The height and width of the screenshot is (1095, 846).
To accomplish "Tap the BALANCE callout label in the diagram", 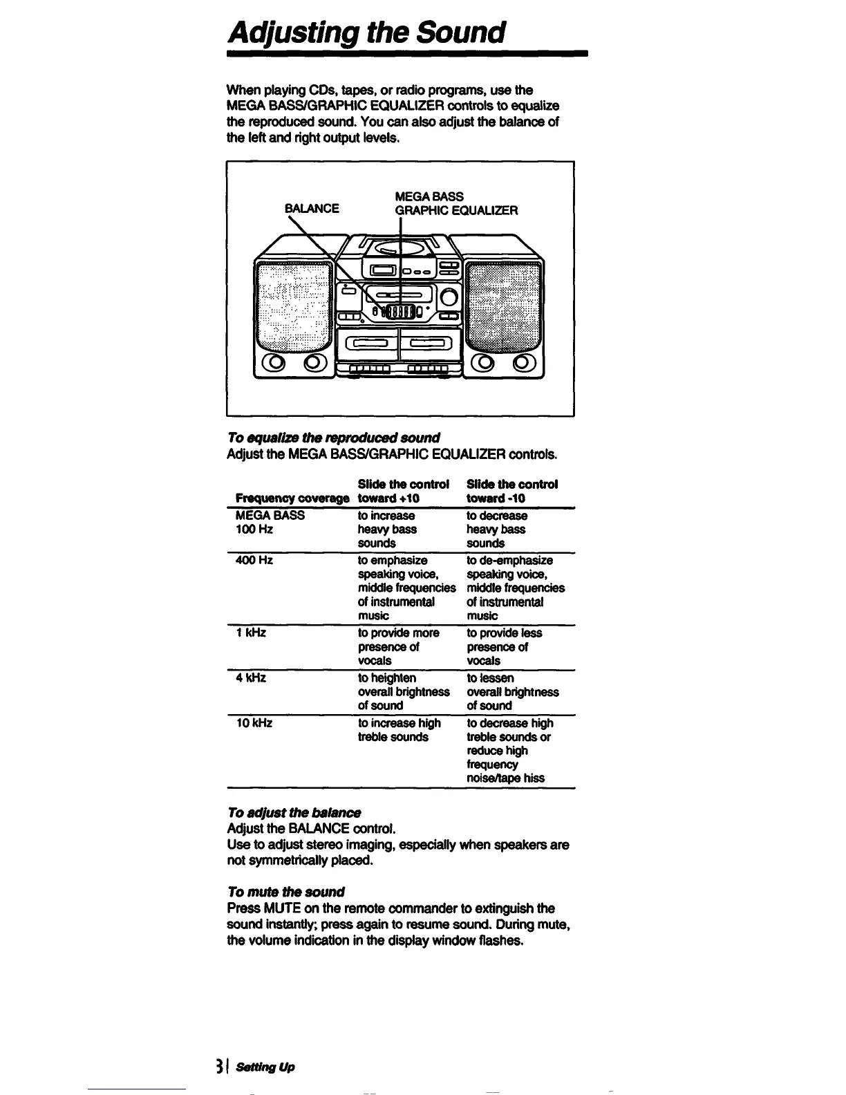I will point(312,208).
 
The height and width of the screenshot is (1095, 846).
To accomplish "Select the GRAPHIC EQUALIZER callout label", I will point(456,210).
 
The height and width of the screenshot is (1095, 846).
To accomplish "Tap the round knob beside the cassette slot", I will point(449,298).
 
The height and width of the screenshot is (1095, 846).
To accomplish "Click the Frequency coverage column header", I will point(292,498).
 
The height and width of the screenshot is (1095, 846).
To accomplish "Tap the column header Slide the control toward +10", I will point(404,491).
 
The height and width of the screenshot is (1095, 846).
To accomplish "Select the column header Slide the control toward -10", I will point(512,491).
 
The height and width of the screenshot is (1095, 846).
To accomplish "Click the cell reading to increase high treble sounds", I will point(399,730).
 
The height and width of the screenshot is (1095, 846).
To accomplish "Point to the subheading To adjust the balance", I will point(294,812).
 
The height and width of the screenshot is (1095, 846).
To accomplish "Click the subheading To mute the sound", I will point(285,892).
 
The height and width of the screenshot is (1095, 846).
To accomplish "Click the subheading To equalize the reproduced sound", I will point(333,438).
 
